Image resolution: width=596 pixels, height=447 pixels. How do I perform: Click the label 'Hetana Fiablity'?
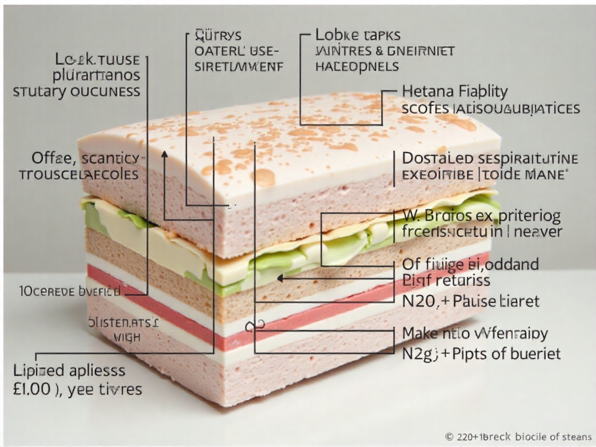point(455,92)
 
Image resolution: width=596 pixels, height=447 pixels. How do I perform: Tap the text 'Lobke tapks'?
point(357,35)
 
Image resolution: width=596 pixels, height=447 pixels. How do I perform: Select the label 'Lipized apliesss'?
point(69,370)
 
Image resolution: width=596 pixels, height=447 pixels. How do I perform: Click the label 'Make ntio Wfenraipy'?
point(475,333)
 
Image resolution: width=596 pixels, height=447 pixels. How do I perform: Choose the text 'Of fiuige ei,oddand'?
point(470,264)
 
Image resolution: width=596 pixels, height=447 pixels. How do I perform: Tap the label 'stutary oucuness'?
point(76,91)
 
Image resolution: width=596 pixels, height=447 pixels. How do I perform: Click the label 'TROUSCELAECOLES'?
point(79,173)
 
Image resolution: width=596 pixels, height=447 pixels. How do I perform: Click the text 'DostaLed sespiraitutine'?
point(490,158)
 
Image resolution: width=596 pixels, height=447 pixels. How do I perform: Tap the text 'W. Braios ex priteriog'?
point(481,215)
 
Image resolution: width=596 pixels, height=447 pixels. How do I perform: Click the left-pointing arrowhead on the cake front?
point(280,278)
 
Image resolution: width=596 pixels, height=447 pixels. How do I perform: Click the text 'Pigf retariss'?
point(446,282)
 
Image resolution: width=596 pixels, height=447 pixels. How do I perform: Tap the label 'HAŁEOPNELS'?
point(356,66)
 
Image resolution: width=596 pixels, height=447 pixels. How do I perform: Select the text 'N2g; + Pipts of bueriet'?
point(481,354)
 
